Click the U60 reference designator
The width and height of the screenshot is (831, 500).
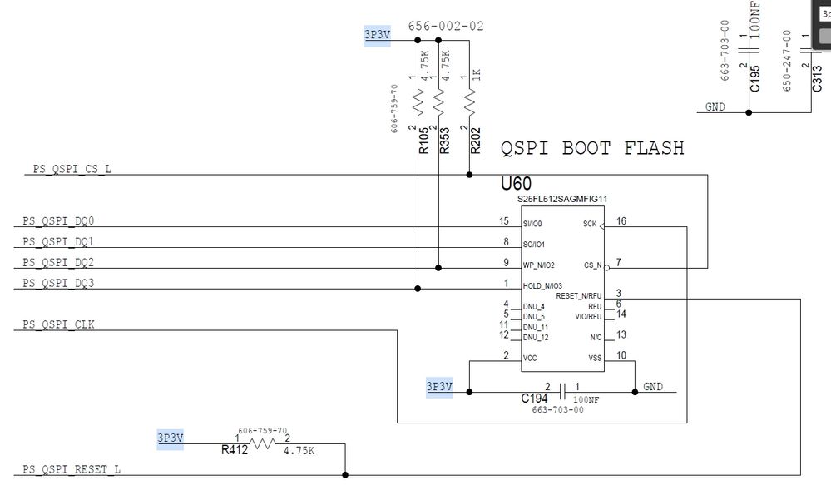[516, 184]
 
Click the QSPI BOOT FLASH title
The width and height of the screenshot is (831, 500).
[592, 148]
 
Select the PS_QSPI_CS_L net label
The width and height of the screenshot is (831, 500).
[72, 169]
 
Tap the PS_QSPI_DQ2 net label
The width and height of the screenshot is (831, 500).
[58, 262]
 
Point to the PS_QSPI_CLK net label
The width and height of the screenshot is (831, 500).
[58, 324]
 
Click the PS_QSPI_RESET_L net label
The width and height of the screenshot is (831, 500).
[71, 470]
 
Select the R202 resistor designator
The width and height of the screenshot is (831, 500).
[475, 141]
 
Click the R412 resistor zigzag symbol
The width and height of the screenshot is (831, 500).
[263, 443]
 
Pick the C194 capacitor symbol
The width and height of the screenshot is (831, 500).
[563, 393]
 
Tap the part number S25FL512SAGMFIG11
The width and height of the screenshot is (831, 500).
[562, 200]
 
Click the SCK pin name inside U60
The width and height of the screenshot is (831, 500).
[589, 225]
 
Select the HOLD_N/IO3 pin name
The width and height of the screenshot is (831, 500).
[542, 286]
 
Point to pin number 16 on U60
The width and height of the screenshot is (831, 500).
[621, 221]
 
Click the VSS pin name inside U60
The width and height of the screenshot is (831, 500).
[595, 359]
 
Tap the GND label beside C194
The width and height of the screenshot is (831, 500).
[653, 387]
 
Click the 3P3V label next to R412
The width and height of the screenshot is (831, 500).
[171, 438]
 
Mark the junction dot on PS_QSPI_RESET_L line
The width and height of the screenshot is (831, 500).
[345, 475]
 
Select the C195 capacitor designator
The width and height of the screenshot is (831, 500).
[755, 78]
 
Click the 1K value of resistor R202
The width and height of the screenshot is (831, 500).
[476, 74]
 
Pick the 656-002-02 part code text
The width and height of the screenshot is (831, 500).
[446, 26]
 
